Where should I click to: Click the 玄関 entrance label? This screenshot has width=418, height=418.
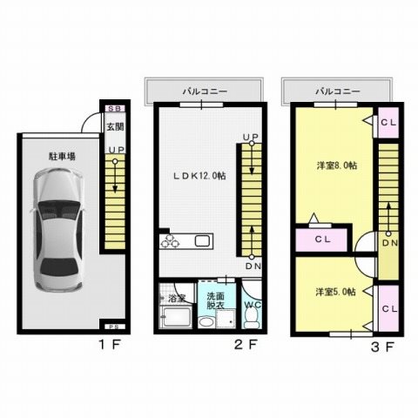[x=114, y=127]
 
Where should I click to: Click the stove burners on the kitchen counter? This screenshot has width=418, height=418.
[x=169, y=241]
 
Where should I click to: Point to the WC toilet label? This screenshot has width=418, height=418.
[x=251, y=305]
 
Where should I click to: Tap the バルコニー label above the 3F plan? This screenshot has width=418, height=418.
[x=334, y=90]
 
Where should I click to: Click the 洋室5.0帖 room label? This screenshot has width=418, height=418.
[x=334, y=292]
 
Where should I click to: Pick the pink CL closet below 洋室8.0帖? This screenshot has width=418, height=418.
[x=321, y=238]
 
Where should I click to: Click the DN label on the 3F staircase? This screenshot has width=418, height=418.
[x=388, y=243]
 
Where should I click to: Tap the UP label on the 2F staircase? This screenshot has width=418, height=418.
[x=251, y=137]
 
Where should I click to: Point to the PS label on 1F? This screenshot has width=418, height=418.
[x=112, y=327]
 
